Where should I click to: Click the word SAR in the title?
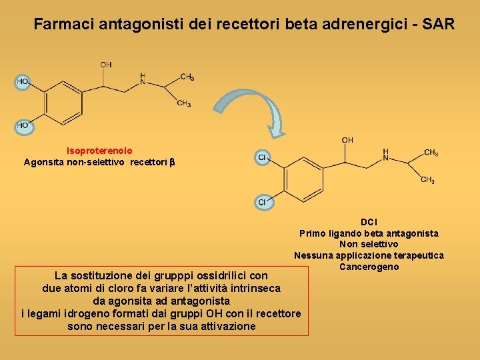pos(436,25)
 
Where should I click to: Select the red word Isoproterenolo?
pos(99,151)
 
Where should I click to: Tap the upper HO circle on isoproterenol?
pos(23,81)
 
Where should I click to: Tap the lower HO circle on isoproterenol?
pos(23,125)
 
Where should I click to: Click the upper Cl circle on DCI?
pos(263,158)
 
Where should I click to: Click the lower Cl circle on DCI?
pos(263,201)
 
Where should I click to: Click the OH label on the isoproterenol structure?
pos(106,65)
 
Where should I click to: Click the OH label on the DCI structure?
pos(347,140)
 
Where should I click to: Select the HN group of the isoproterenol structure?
pos(143,79)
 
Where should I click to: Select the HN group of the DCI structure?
pos(385,155)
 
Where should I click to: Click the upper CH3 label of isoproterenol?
pos(187,77)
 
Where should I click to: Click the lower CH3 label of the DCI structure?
pos(429,181)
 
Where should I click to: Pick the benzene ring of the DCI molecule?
pos(303,179)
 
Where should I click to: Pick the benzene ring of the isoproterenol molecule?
pos(61,103)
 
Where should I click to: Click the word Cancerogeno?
pos(369,267)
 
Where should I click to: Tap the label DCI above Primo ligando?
pos(369,221)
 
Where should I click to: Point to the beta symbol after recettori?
pos(171,162)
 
